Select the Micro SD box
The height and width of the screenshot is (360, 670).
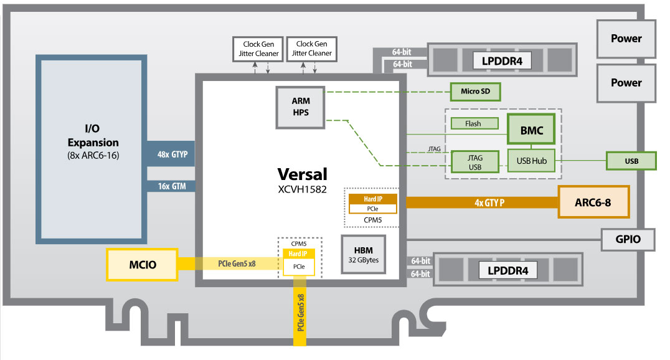pos(475,92)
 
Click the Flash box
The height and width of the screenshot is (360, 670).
pos(473,123)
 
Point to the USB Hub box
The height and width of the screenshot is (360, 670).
pos(531,161)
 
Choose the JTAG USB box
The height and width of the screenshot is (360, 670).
pos(474,162)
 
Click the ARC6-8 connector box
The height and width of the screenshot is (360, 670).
pos(593,202)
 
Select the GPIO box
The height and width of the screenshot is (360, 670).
pos(628,239)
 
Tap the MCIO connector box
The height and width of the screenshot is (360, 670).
pos(142,264)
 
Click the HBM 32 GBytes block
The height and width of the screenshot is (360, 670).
pos(364,253)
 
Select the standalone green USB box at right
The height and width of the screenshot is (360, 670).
pos(631,161)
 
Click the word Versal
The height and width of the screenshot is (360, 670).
pos(302,174)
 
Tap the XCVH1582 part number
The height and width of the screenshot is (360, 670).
pos(302,188)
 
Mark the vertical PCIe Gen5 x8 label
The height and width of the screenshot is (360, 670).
pos(300,320)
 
